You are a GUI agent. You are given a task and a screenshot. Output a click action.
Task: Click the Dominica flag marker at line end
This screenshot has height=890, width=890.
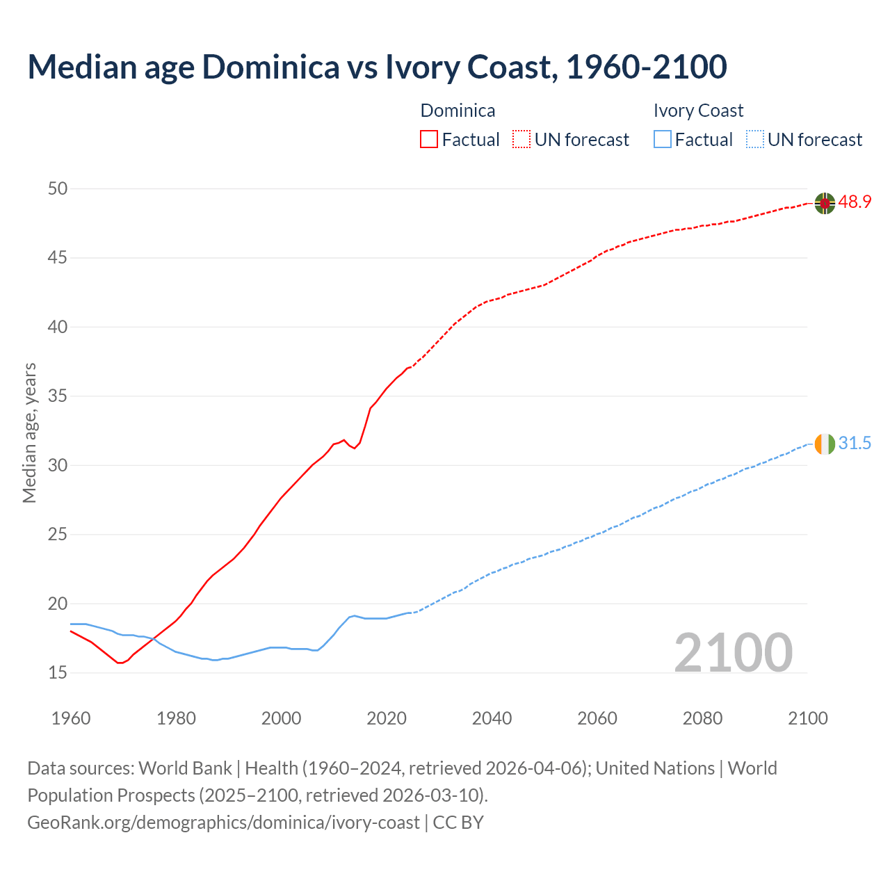[x=825, y=203]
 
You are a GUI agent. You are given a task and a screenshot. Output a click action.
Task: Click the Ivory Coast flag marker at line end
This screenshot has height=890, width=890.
[x=825, y=444]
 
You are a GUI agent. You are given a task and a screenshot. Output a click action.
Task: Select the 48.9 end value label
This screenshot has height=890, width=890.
[x=855, y=202]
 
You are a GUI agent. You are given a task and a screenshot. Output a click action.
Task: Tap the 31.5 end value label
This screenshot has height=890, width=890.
[x=855, y=444]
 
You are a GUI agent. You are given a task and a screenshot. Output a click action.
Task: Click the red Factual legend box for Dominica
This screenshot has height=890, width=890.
[x=429, y=139]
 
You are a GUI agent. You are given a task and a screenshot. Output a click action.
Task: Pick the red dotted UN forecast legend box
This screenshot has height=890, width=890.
[x=521, y=139]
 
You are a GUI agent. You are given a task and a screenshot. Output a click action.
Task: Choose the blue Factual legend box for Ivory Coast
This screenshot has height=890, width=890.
[x=663, y=139]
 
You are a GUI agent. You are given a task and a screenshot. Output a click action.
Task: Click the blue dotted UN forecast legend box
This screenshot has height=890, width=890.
[x=754, y=139]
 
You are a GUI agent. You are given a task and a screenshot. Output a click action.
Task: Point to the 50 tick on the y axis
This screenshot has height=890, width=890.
[x=58, y=188]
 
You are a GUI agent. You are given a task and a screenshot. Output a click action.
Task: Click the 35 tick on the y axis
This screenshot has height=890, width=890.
[x=58, y=396]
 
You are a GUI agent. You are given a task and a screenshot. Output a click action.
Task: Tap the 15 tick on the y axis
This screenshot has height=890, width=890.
[x=58, y=673]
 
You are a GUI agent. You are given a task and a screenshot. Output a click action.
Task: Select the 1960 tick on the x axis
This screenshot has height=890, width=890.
[x=71, y=718]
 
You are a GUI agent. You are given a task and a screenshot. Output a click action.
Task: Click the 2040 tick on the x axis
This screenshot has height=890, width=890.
[x=492, y=718]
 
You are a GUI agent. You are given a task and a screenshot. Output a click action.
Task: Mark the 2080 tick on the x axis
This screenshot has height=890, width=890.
[x=702, y=718]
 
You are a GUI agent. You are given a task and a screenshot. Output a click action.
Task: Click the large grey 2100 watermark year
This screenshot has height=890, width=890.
[x=733, y=652]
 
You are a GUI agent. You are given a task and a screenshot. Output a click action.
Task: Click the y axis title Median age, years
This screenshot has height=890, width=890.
[x=29, y=432]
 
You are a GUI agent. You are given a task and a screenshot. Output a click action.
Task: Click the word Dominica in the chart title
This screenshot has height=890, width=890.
[x=270, y=67]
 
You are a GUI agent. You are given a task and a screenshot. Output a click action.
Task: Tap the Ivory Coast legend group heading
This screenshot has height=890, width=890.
[x=698, y=111]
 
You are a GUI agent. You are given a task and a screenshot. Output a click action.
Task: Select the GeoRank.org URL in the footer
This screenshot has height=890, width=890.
[x=223, y=822]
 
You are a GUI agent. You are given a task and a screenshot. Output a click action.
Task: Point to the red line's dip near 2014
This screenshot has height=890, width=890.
[x=355, y=448]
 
